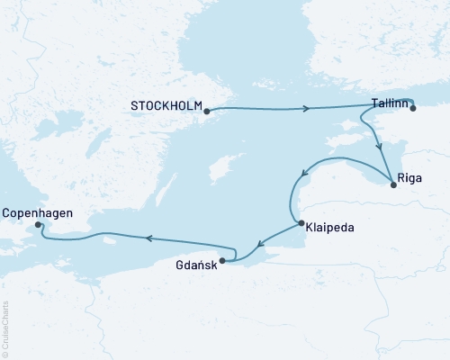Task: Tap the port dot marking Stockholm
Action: coord(207,112)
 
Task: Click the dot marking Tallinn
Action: coord(414,108)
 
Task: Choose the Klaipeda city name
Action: coord(329,228)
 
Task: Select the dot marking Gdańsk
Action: coord(222,262)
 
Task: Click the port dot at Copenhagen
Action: coord(37,225)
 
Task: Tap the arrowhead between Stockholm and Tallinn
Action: coord(308,109)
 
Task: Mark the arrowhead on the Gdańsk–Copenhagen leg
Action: coord(149,238)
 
